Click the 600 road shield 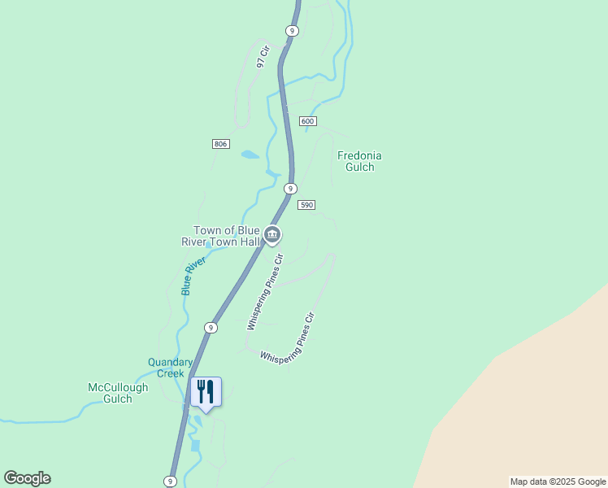coord(307,121)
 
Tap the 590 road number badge coord(306,205)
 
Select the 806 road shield coord(220,144)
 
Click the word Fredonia coord(359,155)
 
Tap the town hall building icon coord(272,236)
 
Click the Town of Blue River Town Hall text coord(220,236)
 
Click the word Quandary coord(170,363)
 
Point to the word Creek coord(170,374)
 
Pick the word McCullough coord(118,387)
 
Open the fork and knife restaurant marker coord(206,392)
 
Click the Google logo coord(27,478)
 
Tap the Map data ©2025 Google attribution coord(557,481)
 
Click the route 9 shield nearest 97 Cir coord(292,30)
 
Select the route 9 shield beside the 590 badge coord(289,189)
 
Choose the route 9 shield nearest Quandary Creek coord(211,327)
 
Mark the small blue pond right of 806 coord(250,155)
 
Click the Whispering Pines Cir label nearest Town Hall coord(265,291)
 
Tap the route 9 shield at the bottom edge coord(170,481)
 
